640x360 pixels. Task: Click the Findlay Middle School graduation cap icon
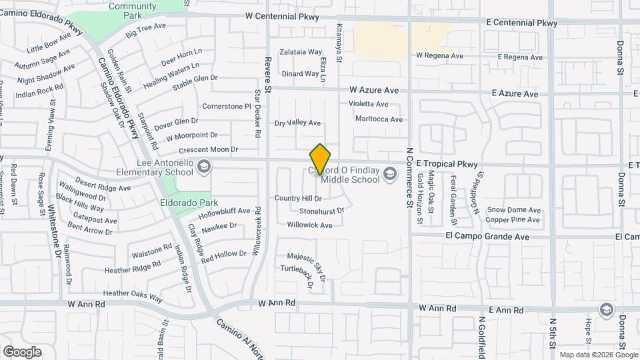[389, 175]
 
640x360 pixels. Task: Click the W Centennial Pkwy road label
[282, 17]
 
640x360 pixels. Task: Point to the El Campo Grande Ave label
[488, 237]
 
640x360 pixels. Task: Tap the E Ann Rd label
[506, 309]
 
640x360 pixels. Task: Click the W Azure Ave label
[374, 90]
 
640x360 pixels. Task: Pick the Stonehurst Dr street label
[321, 211]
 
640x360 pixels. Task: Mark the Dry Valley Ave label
[298, 123]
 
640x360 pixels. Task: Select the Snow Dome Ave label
[513, 209]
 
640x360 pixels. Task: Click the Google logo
[22, 352]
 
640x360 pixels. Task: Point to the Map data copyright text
[592, 355]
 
